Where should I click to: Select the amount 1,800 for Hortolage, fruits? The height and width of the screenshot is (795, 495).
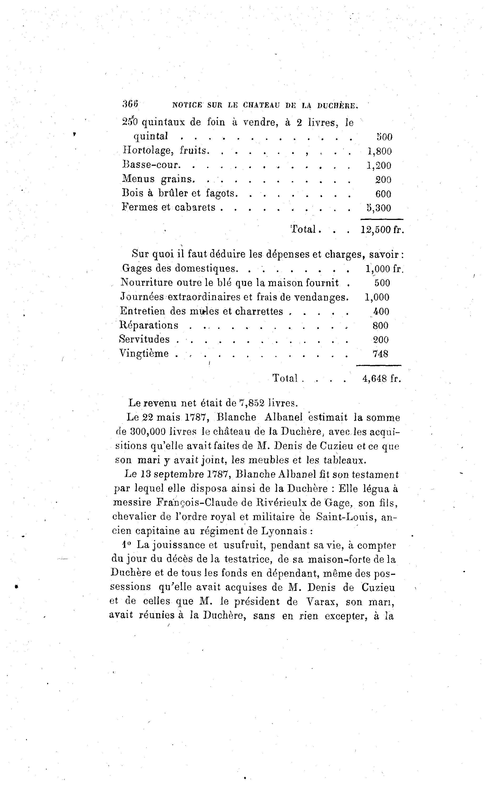(x=379, y=151)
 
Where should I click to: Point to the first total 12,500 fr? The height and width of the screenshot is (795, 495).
(x=382, y=230)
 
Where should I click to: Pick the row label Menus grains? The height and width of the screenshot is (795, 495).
(x=158, y=179)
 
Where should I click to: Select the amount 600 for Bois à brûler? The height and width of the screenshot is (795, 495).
(x=383, y=194)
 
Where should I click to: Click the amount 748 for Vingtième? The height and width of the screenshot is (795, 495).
(x=381, y=354)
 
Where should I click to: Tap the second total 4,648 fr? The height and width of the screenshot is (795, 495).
(x=381, y=379)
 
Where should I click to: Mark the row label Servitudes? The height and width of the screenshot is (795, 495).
(x=144, y=339)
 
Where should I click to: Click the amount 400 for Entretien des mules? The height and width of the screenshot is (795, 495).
(x=381, y=311)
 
